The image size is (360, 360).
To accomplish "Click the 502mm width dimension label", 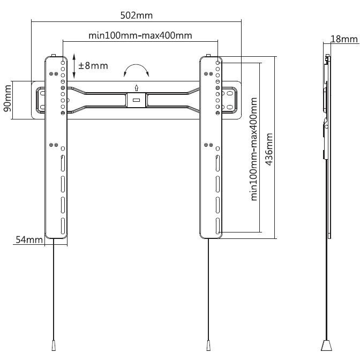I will [136, 15].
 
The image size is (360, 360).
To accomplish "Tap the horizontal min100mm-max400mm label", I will [140, 35].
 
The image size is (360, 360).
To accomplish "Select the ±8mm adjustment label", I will [93, 66].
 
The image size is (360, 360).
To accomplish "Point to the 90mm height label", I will [7, 100].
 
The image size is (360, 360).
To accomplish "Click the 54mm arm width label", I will [28, 240].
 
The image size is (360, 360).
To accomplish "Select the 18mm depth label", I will [344, 39].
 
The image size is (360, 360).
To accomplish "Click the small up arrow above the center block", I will [136, 88].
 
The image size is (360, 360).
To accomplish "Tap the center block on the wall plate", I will [136, 100].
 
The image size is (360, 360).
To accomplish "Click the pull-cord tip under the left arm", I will [54, 343].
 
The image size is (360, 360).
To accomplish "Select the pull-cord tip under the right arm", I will [208, 343].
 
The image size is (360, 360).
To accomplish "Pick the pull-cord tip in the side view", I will [327, 343].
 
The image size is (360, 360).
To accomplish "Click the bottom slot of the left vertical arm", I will [63, 225].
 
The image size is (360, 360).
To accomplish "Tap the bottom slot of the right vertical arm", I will [217, 225].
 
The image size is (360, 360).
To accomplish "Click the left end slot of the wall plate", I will [39, 100].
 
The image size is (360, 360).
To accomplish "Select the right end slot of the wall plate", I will [234, 100].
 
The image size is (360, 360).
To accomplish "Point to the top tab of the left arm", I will [54, 55].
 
